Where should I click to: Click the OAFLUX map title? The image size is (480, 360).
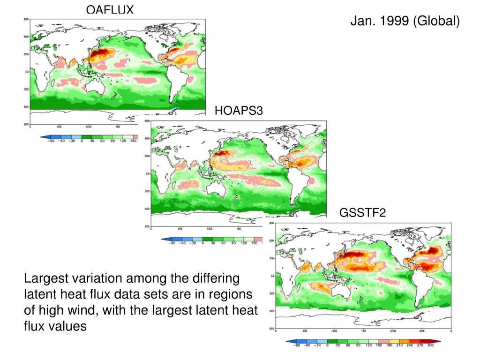(110, 9)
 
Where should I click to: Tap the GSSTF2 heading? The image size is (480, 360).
(362, 213)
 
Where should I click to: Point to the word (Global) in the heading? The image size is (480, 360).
(436, 21)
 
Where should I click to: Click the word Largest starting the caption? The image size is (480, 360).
(45, 279)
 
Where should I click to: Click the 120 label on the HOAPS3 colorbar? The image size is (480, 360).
(244, 243)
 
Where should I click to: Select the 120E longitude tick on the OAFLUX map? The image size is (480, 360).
(89, 127)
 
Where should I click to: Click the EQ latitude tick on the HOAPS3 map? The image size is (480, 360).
(148, 173)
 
